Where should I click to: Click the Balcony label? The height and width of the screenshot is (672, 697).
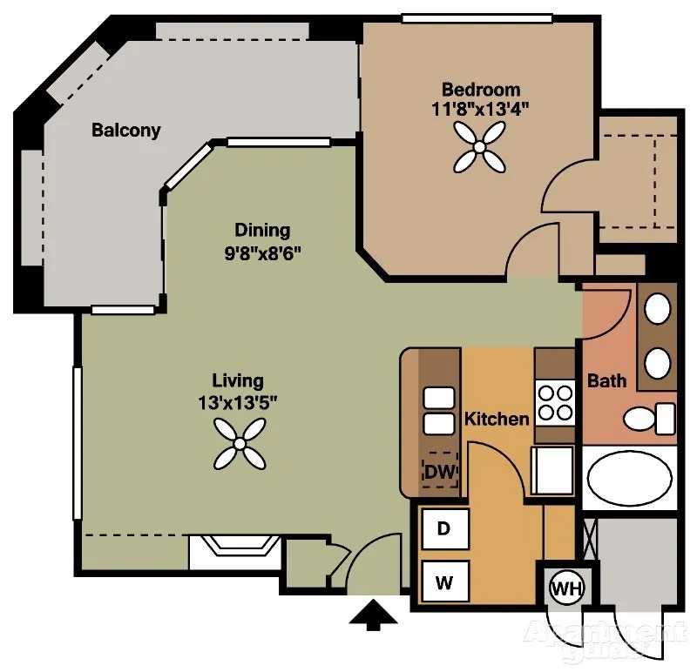[x=125, y=131]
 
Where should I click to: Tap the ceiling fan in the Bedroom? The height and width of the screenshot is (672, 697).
[x=479, y=147]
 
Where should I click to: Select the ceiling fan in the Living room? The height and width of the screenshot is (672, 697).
[x=240, y=444]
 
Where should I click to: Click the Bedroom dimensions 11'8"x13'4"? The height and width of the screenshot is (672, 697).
[x=481, y=109]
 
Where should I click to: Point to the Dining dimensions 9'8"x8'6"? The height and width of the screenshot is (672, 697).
[x=262, y=253]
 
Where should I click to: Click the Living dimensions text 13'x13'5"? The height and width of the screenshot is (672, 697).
[x=237, y=403]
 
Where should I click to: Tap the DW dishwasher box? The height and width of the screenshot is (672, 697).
[x=440, y=471]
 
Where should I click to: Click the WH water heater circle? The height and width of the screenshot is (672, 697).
[x=567, y=588]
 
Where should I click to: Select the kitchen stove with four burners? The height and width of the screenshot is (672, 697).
[x=555, y=403]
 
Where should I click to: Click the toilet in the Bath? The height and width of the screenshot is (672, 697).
[x=649, y=419]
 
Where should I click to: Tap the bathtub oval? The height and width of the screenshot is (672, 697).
[x=629, y=479]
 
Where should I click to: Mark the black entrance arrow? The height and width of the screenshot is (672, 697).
[x=373, y=615]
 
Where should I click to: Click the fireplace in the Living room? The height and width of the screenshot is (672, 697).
[x=234, y=552]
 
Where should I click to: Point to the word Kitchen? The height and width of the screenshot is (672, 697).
[x=497, y=419]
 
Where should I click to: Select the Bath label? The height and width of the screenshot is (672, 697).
[x=606, y=380]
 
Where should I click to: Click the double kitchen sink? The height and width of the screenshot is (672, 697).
[x=439, y=411]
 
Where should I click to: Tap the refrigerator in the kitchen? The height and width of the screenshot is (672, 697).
[x=552, y=471]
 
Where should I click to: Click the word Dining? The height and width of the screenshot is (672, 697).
[x=262, y=231]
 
